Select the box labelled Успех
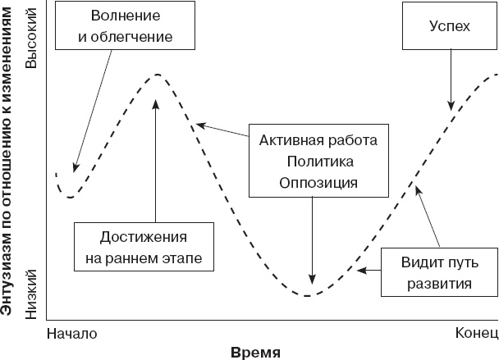tap(450, 27)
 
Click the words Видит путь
tap(436, 262)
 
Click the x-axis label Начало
tap(73, 334)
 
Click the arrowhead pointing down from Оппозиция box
tap(312, 278)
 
